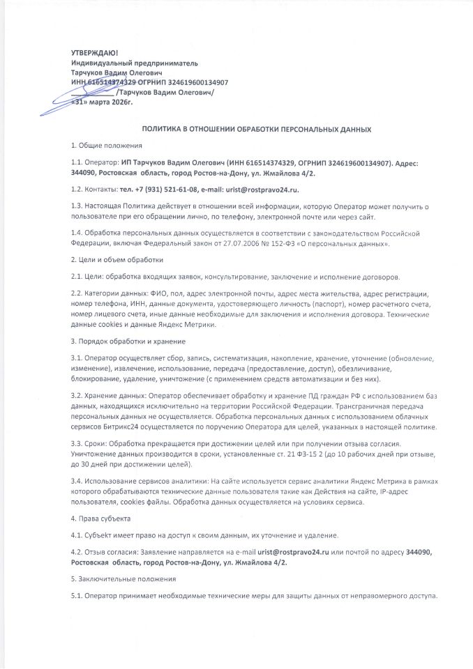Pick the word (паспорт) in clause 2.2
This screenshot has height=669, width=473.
point(292,305)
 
